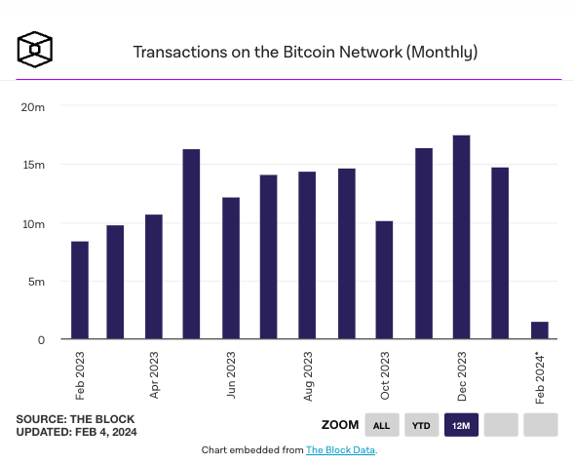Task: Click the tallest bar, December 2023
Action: pyautogui.click(x=461, y=237)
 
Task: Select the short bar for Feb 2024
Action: pyautogui.click(x=540, y=330)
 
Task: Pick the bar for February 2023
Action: pyautogui.click(x=80, y=290)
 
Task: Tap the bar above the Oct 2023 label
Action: pyautogui.click(x=384, y=280)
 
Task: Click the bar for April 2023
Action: pyautogui.click(x=154, y=277)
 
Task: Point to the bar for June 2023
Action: pyautogui.click(x=231, y=268)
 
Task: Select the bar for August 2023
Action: pyautogui.click(x=307, y=255)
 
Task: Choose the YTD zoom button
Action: pyautogui.click(x=421, y=425)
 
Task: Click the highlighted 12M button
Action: pyautogui.click(x=461, y=425)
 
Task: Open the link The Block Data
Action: pyautogui.click(x=340, y=450)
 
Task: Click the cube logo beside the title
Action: pyautogui.click(x=35, y=50)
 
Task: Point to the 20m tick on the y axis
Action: pyautogui.click(x=33, y=107)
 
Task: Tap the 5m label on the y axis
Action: pyautogui.click(x=37, y=282)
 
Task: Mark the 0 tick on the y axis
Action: pyautogui.click(x=41, y=340)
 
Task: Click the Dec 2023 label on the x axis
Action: pyautogui.click(x=462, y=376)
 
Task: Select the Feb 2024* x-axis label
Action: pyautogui.click(x=540, y=378)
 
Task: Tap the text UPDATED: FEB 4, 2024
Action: pyautogui.click(x=77, y=432)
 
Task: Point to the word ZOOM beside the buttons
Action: pyautogui.click(x=340, y=425)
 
